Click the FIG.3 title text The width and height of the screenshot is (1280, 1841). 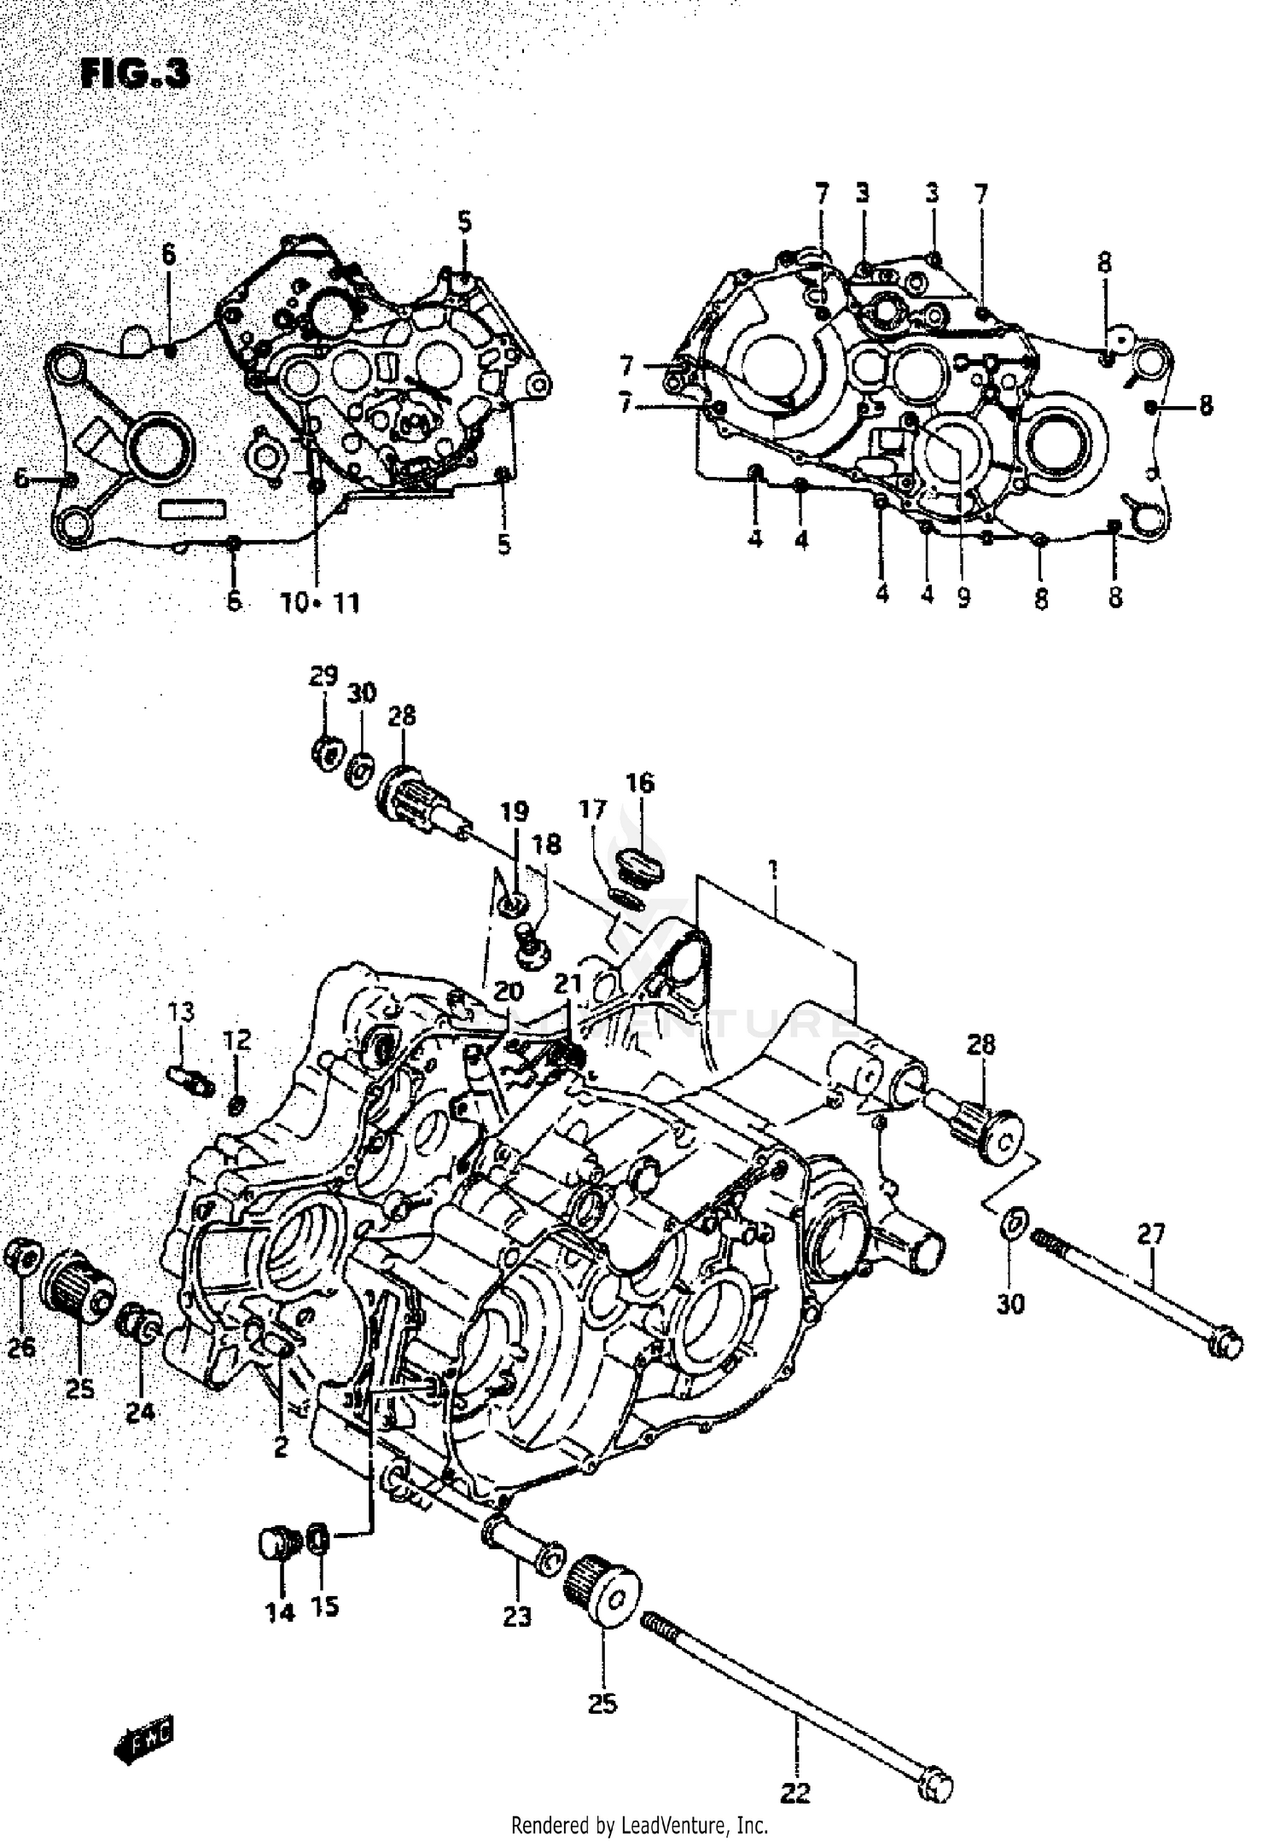pyautogui.click(x=134, y=74)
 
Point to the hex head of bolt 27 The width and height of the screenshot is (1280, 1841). pyautogui.click(x=1227, y=1345)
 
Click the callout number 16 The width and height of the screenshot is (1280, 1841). pyautogui.click(x=640, y=782)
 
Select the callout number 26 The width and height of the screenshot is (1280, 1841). pyautogui.click(x=22, y=1348)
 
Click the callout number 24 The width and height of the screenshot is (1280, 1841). pyautogui.click(x=141, y=1412)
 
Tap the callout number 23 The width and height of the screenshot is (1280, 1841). pyautogui.click(x=517, y=1615)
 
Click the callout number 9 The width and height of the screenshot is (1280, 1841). pyautogui.click(x=963, y=599)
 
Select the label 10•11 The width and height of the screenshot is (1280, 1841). pyautogui.click(x=321, y=603)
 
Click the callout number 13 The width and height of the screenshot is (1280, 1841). pyautogui.click(x=181, y=1012)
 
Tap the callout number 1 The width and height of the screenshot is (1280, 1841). pyautogui.click(x=772, y=871)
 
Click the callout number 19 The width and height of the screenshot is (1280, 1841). pyautogui.click(x=514, y=811)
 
